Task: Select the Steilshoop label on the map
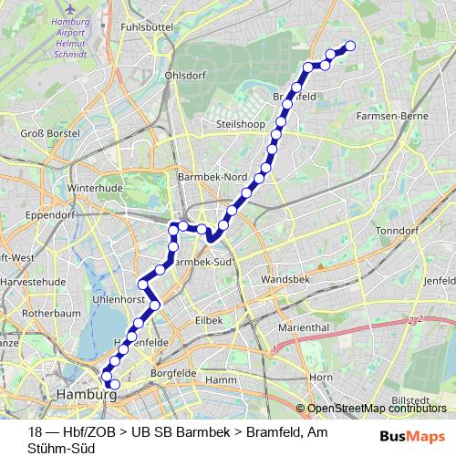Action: click(x=239, y=123)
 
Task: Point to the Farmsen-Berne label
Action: click(x=397, y=117)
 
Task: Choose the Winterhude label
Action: click(x=94, y=189)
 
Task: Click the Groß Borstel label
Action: click(x=50, y=133)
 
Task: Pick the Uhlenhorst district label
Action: click(x=120, y=298)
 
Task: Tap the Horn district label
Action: click(x=320, y=377)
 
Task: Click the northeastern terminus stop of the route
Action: click(x=349, y=47)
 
